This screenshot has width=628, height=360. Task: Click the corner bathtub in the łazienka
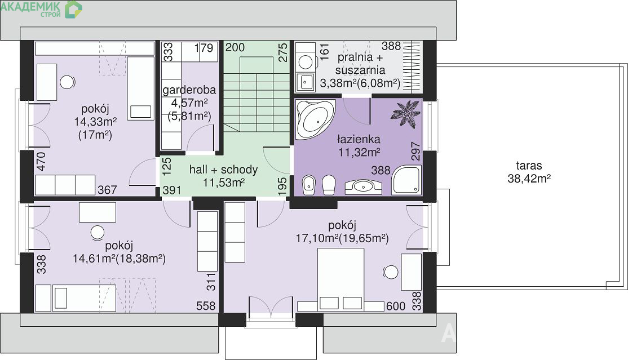[x=315, y=119]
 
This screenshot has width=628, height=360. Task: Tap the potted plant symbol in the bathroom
[x=406, y=114]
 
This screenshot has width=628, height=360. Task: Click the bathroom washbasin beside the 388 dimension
[x=363, y=186]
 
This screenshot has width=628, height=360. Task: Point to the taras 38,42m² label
[x=529, y=172]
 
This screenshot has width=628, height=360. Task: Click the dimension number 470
[x=41, y=161]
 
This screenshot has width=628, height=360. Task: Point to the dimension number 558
[x=206, y=306]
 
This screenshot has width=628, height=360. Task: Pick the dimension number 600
[x=396, y=306]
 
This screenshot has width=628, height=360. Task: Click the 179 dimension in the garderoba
[x=204, y=48]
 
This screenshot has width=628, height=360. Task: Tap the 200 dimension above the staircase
[x=235, y=47]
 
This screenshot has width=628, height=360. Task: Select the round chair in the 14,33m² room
[x=67, y=82]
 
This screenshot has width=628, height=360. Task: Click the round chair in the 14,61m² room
[x=98, y=233]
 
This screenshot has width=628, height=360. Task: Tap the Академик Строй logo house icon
[x=73, y=10]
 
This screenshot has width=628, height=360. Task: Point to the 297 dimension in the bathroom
[x=415, y=151]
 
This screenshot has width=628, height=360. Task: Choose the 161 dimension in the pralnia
[x=324, y=51]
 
